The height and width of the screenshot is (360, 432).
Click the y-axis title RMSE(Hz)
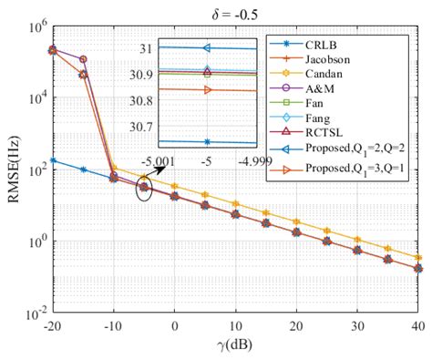pyautogui.click(x=14, y=170)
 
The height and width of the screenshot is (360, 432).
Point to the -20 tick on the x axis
pyautogui.click(x=52, y=327)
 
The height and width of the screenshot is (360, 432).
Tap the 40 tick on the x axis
pyautogui.click(x=417, y=327)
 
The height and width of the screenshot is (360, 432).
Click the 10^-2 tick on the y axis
pyautogui.click(x=36, y=314)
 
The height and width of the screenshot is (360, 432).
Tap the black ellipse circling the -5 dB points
pyautogui.click(x=143, y=189)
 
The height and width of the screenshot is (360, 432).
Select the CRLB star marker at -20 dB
pyautogui.click(x=53, y=160)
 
